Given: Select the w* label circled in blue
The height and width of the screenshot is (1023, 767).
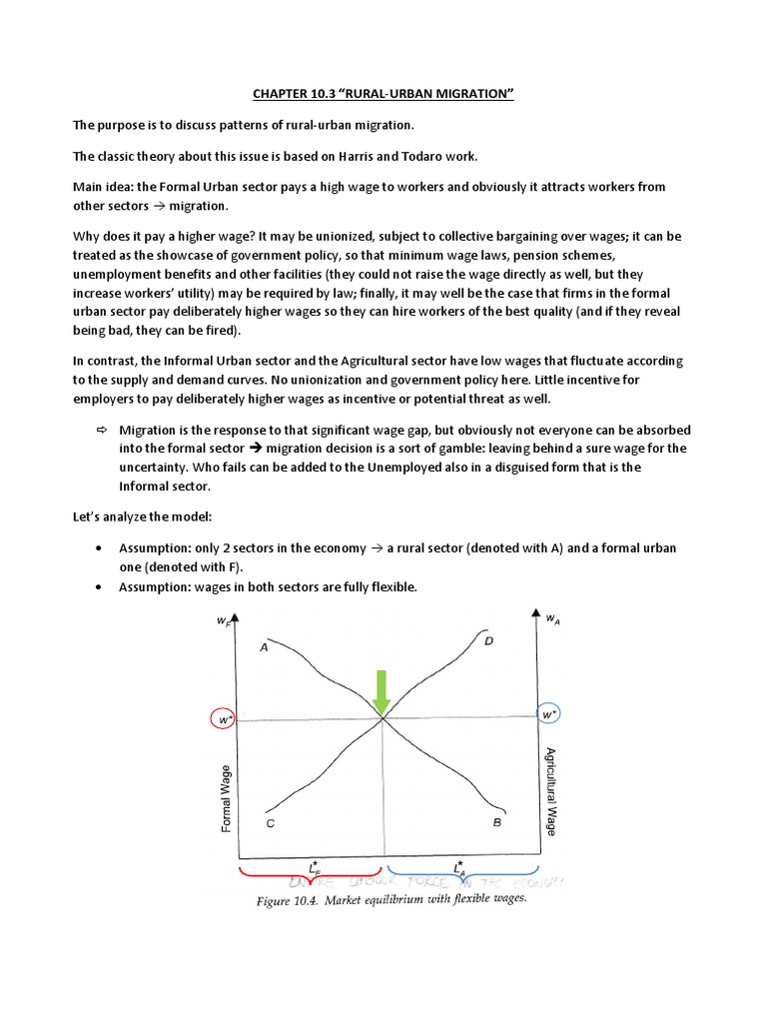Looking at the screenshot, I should coord(547,715).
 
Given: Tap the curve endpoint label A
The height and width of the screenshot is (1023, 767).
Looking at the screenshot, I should coord(264,646).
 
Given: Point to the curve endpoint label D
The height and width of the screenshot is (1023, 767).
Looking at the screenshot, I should coord(488,640).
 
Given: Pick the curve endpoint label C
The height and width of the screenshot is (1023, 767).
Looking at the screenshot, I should coord(270,824).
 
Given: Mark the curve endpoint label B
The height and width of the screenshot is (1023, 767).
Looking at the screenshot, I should coord(496,823).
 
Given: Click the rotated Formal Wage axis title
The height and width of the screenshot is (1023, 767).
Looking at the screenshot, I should coord(225,797).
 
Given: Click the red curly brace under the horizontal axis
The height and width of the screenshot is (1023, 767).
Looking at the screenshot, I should coord(310,876).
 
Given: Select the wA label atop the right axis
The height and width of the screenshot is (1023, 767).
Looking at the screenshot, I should coord(551,619).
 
